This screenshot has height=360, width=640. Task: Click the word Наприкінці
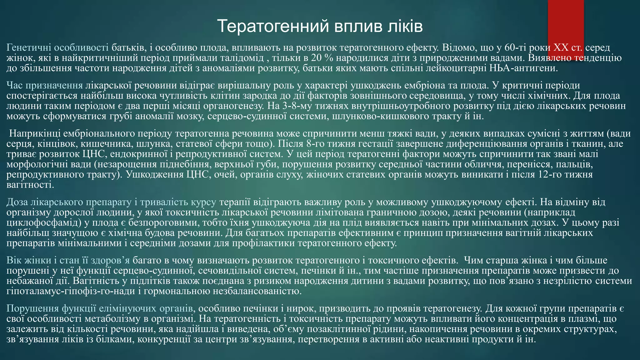34,134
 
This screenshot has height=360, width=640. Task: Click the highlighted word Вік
14,260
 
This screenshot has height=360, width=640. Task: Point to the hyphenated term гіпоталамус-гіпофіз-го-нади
66,291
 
